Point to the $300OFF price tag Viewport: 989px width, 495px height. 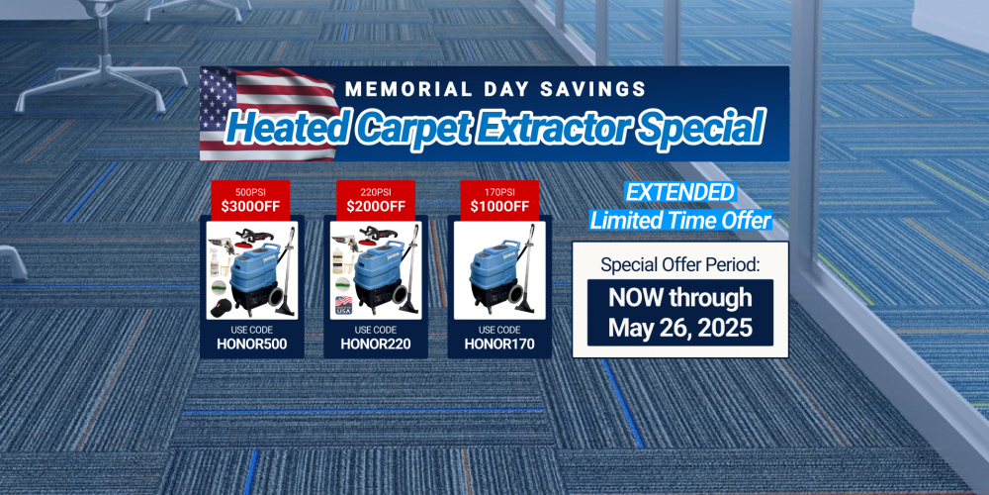coord(250,206)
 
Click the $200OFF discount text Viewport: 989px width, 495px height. coord(375,206)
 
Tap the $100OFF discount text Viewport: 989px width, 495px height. coord(498,206)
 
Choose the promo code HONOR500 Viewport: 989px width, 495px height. coord(251,345)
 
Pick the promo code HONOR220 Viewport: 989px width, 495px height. coord(375,345)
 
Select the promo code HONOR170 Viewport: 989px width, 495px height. coord(498,345)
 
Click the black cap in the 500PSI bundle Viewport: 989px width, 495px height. coord(221,308)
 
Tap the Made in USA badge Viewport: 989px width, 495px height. coord(343,305)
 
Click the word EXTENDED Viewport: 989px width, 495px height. coord(680,192)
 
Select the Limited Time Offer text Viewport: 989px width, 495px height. coord(680,221)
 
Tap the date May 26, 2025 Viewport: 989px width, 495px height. coord(680,329)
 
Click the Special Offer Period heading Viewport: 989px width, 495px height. coord(680,265)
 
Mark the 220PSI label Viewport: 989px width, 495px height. coord(375,191)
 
